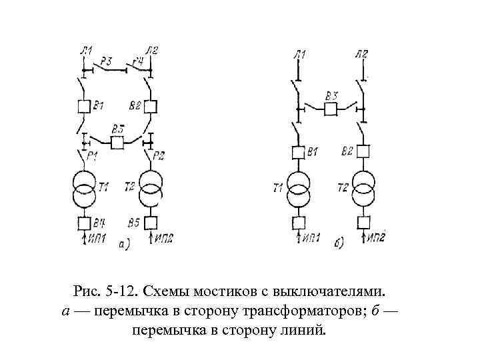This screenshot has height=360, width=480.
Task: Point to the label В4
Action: pos(99,222)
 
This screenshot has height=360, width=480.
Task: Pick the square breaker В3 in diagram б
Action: pos(331,109)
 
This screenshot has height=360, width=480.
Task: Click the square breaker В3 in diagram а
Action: pos(118,141)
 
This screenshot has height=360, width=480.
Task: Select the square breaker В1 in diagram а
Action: pos(84,106)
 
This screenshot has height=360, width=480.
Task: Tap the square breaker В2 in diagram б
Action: pos(363,152)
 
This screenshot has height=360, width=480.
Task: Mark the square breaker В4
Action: pos(84,223)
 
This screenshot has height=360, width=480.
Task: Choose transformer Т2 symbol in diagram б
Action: pos(363,189)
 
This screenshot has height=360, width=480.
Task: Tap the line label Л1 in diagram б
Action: pos(299,54)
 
